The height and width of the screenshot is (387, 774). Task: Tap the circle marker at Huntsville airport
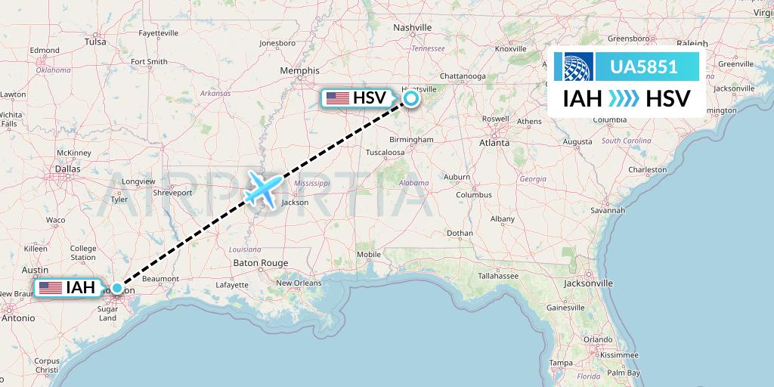click(x=411, y=98)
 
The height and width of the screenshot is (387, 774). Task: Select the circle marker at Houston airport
click(x=116, y=288)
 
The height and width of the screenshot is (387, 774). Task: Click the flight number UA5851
click(x=643, y=67)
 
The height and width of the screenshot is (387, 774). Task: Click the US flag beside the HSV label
click(x=337, y=98)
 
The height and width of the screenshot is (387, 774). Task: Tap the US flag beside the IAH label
click(x=51, y=287)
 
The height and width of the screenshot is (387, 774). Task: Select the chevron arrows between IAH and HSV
click(x=623, y=99)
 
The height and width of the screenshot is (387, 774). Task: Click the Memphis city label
click(x=299, y=70)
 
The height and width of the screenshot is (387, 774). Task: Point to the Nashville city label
click(x=412, y=28)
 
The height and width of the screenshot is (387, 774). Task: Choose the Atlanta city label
click(x=494, y=141)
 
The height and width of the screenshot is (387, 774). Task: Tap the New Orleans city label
click(x=299, y=283)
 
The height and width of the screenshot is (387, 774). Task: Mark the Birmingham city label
click(x=413, y=139)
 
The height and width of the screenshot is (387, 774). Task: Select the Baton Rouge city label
click(x=261, y=263)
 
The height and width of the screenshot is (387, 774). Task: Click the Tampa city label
click(x=560, y=363)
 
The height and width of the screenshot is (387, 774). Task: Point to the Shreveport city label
click(x=172, y=192)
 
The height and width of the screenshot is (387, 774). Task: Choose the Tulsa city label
click(x=95, y=42)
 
